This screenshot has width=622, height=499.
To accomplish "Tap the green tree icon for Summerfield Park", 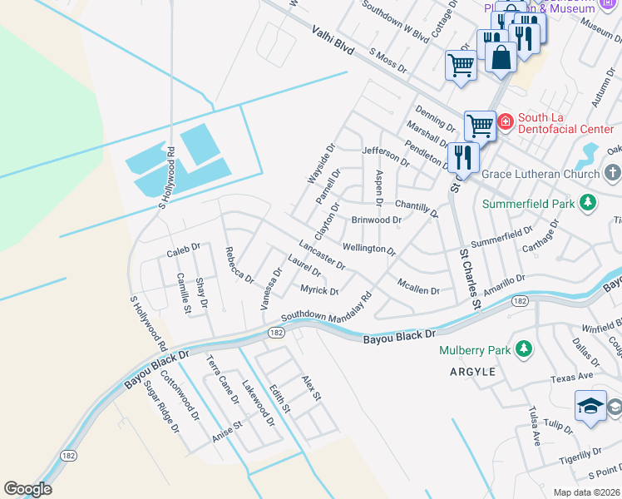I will click(x=588, y=203).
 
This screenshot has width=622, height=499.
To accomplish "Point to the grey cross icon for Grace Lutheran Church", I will click(x=612, y=174).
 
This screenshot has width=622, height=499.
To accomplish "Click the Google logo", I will click(x=27, y=489).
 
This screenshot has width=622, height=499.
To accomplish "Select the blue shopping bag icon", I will click(x=501, y=57).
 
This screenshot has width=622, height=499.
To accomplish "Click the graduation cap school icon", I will click(x=590, y=406).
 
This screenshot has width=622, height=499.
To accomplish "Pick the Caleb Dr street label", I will click(x=184, y=248).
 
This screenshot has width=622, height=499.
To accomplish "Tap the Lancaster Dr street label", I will click(x=322, y=255).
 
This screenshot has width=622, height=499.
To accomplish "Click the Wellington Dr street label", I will click(x=368, y=248).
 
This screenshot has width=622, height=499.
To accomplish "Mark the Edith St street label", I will click(x=280, y=398).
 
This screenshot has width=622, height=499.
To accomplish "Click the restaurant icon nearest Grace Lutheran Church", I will click(x=462, y=156).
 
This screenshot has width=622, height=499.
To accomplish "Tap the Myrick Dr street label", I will click(x=319, y=290).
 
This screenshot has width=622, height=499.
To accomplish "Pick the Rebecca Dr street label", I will click(x=239, y=264).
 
